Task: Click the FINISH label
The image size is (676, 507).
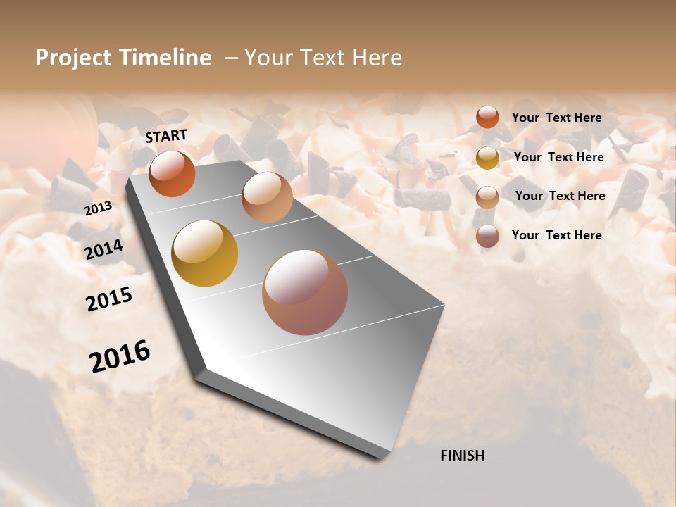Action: click(x=462, y=456)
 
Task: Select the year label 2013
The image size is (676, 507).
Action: click(x=98, y=208)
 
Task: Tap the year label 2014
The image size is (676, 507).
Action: click(x=104, y=249)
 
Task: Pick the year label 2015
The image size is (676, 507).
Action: click(x=109, y=299)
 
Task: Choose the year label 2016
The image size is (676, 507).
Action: click(x=120, y=356)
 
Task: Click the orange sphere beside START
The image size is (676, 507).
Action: click(x=172, y=173)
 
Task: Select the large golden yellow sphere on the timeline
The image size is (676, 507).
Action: click(x=205, y=254)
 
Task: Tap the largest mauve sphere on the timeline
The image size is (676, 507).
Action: click(x=305, y=292)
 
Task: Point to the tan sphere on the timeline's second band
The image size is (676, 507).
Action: click(x=267, y=197)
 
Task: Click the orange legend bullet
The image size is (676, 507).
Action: click(x=487, y=118)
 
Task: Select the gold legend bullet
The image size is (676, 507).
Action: click(x=487, y=158)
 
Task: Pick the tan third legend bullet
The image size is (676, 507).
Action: click(x=487, y=197)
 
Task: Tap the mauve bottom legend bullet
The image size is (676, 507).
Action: click(x=487, y=236)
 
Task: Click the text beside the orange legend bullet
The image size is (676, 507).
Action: click(x=556, y=118)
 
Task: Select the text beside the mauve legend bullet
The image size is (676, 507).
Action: click(x=556, y=235)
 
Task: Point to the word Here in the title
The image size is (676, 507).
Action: click(x=377, y=58)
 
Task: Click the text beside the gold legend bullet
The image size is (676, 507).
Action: click(x=558, y=157)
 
